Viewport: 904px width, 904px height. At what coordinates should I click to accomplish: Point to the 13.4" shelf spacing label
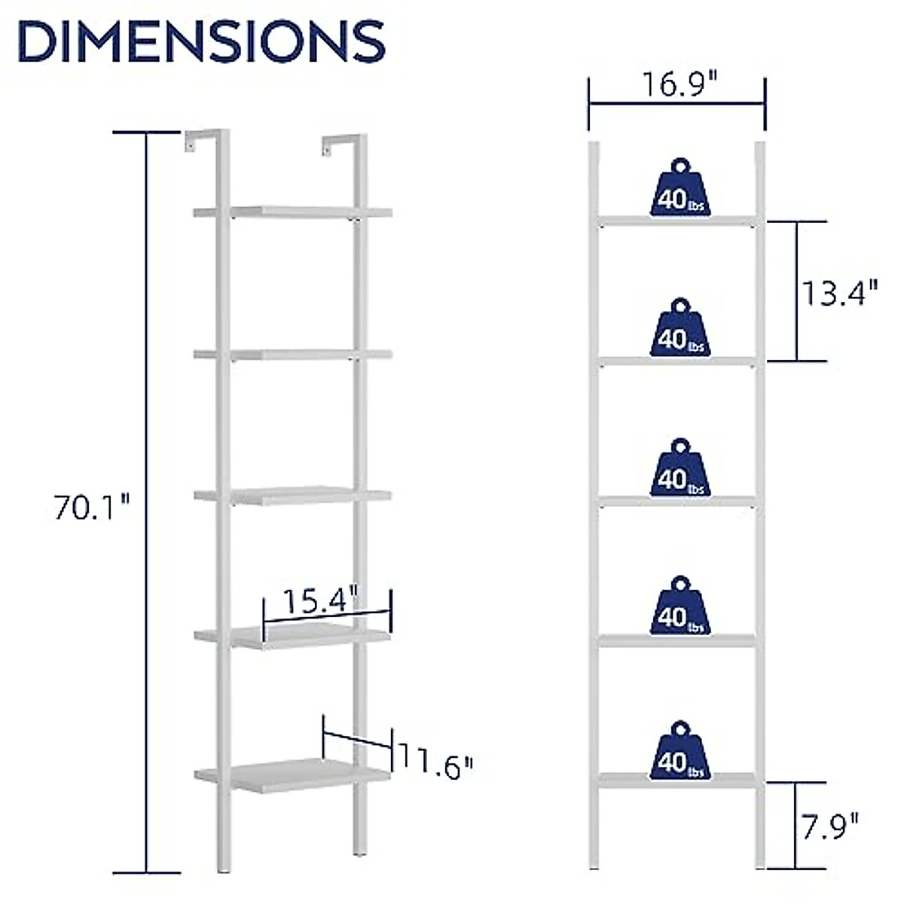[838, 292]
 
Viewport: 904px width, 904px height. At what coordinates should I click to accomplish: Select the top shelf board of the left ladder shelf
[292, 212]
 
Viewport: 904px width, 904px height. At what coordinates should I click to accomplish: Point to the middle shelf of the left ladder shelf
[292, 495]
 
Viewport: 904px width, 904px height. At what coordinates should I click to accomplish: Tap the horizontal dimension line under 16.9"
[676, 105]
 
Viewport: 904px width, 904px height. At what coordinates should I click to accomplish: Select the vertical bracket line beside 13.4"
[796, 292]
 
